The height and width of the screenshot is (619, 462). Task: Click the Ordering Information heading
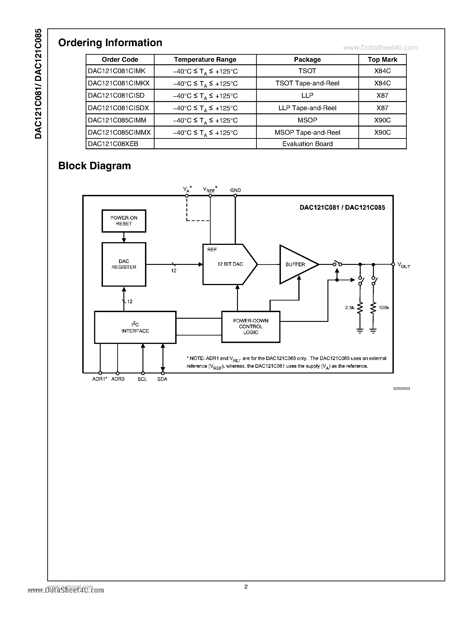click(x=110, y=43)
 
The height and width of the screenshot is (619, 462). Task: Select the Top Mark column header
click(x=382, y=60)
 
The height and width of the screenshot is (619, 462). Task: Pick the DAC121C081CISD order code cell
click(x=116, y=95)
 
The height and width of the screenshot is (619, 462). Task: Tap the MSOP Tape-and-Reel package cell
click(x=307, y=132)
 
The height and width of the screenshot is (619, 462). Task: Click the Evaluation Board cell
click(x=307, y=144)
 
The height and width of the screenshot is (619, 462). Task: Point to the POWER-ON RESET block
click(x=124, y=221)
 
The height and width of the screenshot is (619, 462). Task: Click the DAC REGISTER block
click(x=124, y=264)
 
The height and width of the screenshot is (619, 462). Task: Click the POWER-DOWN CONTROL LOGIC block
click(x=251, y=327)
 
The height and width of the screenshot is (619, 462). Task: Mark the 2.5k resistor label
click(x=350, y=308)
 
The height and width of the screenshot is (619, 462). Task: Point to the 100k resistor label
click(x=384, y=308)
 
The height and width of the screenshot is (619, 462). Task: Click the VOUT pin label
click(x=404, y=265)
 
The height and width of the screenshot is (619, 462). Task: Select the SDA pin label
click(x=162, y=379)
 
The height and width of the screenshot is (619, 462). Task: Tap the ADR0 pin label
click(x=118, y=379)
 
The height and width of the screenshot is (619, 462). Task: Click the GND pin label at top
click(x=235, y=190)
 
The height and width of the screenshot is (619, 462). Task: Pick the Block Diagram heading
click(x=95, y=166)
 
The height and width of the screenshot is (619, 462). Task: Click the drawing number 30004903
click(x=401, y=389)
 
